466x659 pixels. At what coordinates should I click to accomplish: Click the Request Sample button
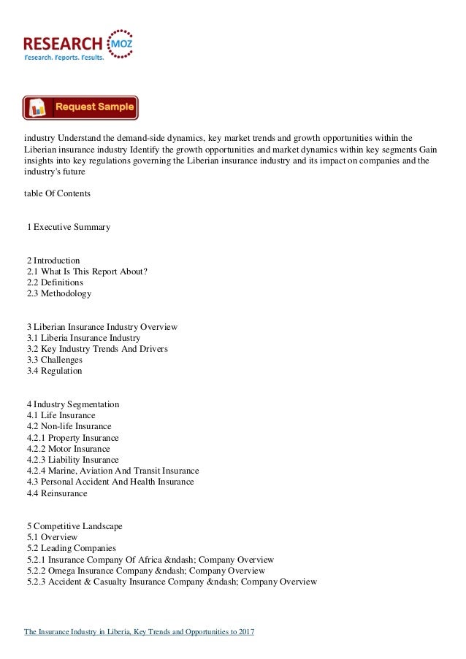(x=80, y=107)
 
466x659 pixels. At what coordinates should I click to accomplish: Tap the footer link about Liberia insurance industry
(x=139, y=631)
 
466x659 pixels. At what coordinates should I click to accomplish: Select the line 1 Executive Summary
(x=69, y=227)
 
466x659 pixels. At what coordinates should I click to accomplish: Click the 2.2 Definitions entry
(x=55, y=282)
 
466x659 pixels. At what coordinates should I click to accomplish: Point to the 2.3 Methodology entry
(x=59, y=293)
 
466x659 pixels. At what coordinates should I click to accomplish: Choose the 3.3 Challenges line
(x=55, y=360)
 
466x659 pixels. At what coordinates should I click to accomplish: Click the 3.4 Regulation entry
(x=55, y=371)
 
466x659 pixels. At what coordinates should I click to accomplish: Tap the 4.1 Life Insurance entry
(x=61, y=415)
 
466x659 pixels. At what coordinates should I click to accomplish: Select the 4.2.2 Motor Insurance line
(x=69, y=449)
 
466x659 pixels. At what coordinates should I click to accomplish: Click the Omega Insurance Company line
(x=146, y=571)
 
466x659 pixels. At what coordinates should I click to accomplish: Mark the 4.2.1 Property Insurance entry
(x=73, y=438)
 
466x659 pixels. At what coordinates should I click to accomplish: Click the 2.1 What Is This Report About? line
(x=87, y=271)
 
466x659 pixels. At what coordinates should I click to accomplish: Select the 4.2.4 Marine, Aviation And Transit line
(x=112, y=471)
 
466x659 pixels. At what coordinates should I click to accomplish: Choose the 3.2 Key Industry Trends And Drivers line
(x=97, y=349)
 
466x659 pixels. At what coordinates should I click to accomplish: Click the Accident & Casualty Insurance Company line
(x=172, y=582)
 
